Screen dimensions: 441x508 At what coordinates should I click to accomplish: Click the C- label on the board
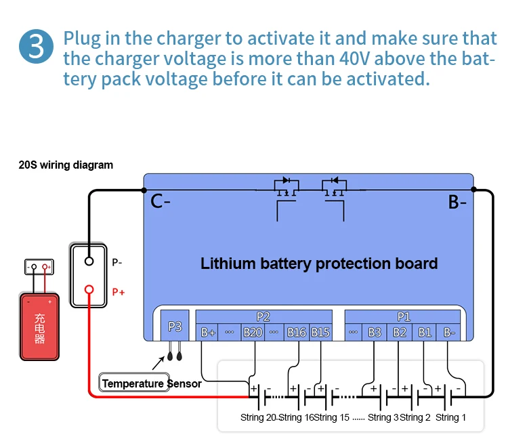click(x=159, y=201)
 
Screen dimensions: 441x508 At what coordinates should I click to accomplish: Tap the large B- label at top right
click(x=458, y=201)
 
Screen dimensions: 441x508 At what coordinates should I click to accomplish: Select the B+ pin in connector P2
click(x=208, y=332)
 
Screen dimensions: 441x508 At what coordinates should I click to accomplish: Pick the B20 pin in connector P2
click(x=253, y=332)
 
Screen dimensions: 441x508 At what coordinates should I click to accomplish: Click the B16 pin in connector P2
click(x=297, y=332)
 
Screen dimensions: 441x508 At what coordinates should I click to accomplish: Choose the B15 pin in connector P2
click(x=320, y=332)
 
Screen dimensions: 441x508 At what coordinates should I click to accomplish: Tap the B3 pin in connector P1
click(x=375, y=332)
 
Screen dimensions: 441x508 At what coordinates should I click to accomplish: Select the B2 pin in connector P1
click(x=400, y=332)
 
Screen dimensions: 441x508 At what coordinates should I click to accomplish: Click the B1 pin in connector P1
click(x=425, y=332)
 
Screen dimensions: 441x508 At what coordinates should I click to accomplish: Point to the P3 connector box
click(x=175, y=327)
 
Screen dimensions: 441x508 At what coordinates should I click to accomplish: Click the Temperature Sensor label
click(x=151, y=383)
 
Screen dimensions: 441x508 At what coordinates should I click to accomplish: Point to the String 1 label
click(x=450, y=417)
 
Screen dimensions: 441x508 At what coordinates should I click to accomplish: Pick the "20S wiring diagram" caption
click(x=66, y=165)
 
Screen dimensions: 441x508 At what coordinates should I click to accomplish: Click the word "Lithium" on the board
click(x=229, y=263)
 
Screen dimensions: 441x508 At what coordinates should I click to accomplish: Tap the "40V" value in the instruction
click(x=318, y=58)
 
